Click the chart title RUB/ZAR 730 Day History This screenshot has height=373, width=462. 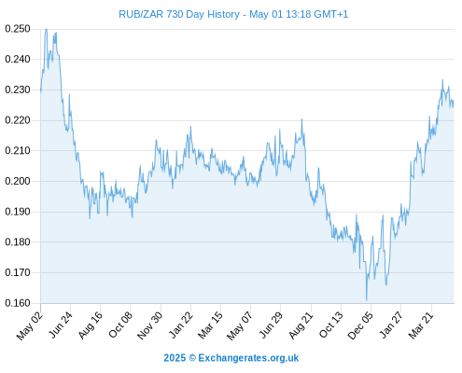(179, 14)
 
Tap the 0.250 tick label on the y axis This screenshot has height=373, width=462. (18, 29)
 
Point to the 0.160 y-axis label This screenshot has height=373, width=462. (18, 303)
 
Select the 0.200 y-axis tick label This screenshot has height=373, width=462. (18, 181)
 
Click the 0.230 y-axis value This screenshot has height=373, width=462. (18, 90)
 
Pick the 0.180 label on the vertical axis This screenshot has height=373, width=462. (18, 242)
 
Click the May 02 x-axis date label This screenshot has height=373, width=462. (30, 325)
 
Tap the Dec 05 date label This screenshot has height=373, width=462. (360, 325)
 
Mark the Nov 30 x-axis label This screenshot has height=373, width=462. (150, 325)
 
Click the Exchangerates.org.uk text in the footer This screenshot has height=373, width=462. (248, 358)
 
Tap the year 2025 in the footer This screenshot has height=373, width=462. (175, 358)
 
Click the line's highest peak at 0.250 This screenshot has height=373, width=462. (47, 29)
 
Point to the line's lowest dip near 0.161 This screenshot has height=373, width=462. (367, 300)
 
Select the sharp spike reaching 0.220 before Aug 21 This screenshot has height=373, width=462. (301, 119)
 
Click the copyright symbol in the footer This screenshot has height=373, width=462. (192, 358)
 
